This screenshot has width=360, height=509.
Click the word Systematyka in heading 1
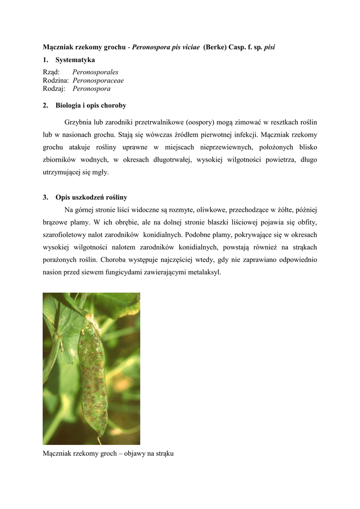tap(75, 60)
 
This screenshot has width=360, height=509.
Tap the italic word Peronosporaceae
tap(98, 81)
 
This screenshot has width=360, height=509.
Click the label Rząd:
tap(51, 72)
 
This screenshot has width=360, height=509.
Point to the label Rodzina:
tap(56, 81)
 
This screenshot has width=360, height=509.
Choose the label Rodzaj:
tap(54, 89)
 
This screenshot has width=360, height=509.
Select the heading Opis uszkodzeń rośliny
tap(91, 197)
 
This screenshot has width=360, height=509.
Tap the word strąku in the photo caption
tap(164, 454)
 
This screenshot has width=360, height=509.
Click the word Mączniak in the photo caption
tap(57, 454)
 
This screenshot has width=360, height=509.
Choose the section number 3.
tap(45, 197)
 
